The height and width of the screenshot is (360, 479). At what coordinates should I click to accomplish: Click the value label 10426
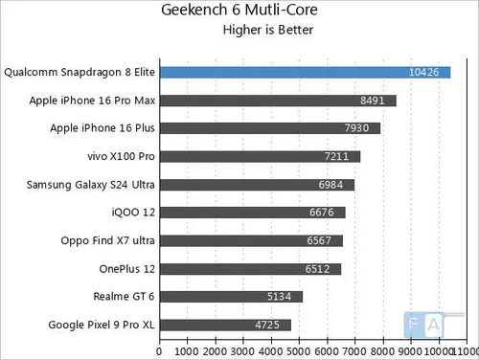pyautogui.click(x=423, y=73)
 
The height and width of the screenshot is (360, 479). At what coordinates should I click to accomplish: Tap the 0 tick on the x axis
pyautogui.click(x=160, y=351)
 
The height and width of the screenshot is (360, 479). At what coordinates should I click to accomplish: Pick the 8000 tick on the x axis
pyautogui.click(x=383, y=351)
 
